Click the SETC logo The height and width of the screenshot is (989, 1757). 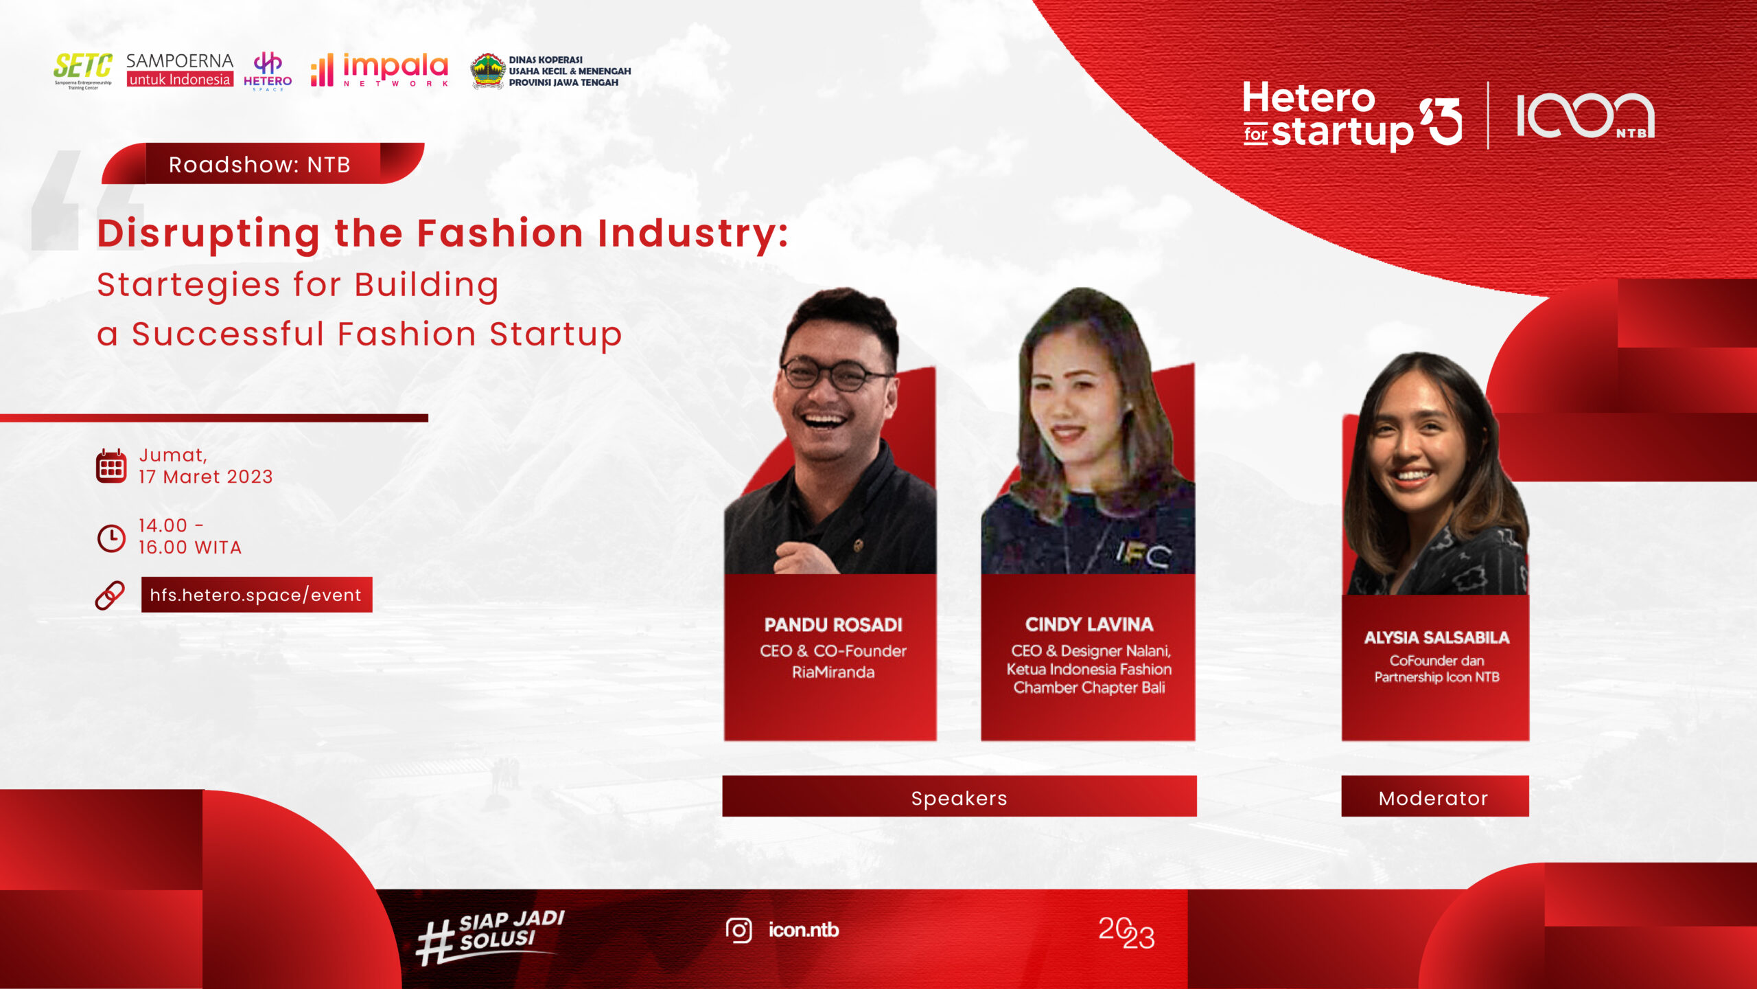point(83,71)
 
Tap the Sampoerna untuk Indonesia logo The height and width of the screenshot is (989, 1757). point(180,70)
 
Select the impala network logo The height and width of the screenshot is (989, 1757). point(380,70)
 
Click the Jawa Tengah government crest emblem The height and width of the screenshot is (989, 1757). point(487,71)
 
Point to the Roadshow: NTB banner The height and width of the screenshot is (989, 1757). point(263,163)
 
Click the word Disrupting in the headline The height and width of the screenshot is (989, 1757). point(209,234)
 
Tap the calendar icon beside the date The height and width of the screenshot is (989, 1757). point(111,466)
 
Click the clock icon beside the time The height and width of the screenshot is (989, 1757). point(111,538)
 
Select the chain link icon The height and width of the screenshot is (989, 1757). point(110,595)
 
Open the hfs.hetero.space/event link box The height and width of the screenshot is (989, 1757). point(257,595)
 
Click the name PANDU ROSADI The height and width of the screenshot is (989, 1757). point(833,624)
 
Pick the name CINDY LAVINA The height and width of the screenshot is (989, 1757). point(1089,624)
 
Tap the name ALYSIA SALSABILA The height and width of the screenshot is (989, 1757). point(1436,637)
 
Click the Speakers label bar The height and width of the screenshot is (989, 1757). point(959,797)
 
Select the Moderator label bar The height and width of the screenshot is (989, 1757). point(1435,797)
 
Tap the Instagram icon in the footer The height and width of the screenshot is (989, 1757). point(738,931)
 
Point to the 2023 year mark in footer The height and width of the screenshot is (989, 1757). point(1126,933)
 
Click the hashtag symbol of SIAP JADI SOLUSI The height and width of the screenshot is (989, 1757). point(435,942)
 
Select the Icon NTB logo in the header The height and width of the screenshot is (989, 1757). point(1585,115)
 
